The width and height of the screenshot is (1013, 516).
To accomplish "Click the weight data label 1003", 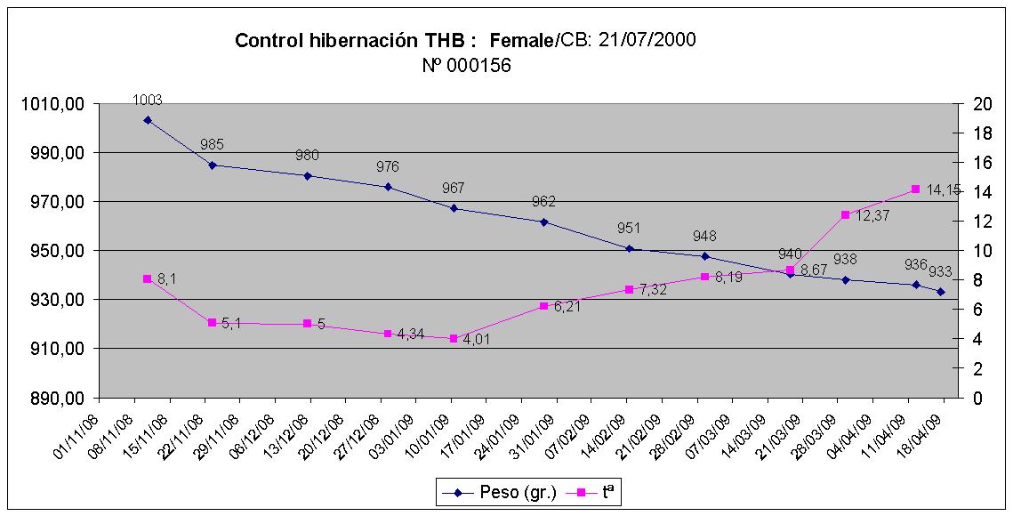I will pyautogui.click(x=148, y=101).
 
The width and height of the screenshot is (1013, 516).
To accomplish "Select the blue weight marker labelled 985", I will pyautogui.click(x=213, y=165).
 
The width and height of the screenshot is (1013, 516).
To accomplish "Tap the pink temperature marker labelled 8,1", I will pyautogui.click(x=148, y=278).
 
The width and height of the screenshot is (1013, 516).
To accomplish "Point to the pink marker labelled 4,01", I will pyautogui.click(x=454, y=338).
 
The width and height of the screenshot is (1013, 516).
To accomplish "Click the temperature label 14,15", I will pyautogui.click(x=944, y=189).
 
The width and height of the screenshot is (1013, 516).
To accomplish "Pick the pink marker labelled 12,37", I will pyautogui.click(x=845, y=214).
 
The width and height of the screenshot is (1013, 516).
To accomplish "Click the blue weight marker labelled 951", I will pyautogui.click(x=629, y=249).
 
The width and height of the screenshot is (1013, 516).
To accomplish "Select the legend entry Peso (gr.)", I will pyautogui.click(x=507, y=491).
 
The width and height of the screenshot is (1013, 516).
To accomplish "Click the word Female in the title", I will pyautogui.click(x=522, y=40).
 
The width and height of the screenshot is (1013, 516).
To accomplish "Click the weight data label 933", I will pyautogui.click(x=942, y=271).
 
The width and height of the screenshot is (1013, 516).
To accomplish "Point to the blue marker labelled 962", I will pyautogui.click(x=544, y=222).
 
